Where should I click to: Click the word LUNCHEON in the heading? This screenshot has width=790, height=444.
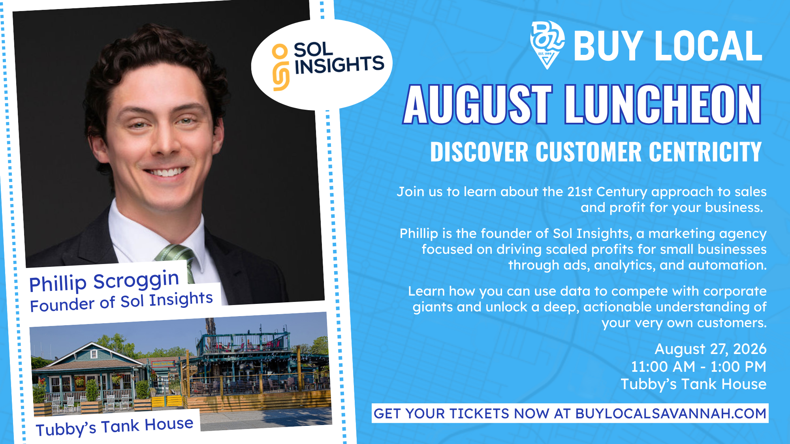pos(663,104)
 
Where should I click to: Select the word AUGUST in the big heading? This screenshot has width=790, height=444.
pos(477,104)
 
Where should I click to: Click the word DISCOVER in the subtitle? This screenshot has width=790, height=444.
pos(479,152)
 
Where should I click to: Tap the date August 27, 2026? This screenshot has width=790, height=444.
pos(710,349)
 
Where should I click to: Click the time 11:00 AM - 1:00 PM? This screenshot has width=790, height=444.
pos(698,367)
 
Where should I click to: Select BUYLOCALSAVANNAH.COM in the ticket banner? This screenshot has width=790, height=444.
pos(671,413)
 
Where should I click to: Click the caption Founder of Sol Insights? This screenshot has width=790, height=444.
pos(121,302)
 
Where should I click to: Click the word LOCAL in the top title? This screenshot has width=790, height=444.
pos(707,46)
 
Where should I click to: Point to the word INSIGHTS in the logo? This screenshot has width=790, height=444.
pos(339,65)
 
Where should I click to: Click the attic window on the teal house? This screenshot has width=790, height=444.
pos(94,354)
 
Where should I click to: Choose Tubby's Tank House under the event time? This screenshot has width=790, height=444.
pos(694,384)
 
